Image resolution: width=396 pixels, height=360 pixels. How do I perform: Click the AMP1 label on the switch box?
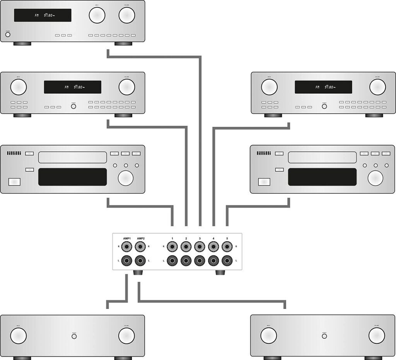click(127, 238)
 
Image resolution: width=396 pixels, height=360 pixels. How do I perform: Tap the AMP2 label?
click(140, 238)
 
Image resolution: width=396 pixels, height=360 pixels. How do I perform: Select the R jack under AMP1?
click(127, 246)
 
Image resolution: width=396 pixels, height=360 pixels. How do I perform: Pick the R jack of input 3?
click(200, 246)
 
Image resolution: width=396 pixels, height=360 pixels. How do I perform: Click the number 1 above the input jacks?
click(172, 238)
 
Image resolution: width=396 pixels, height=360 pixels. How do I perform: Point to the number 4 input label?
click(213, 238)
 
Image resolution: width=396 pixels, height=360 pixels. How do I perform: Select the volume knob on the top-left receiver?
click(127, 15)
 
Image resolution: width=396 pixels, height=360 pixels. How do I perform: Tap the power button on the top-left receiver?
click(8, 35)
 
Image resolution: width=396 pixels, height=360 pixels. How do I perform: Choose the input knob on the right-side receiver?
click(269, 87)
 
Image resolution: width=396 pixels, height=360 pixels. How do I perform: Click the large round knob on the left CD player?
click(126, 178)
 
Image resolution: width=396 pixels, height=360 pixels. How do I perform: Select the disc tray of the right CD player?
click(322, 157)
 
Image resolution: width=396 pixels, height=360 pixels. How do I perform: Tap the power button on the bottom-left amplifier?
click(74, 336)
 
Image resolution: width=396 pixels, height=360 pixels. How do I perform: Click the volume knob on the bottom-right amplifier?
click(377, 336)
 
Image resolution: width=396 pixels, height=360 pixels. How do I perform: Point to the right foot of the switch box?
click(220, 273)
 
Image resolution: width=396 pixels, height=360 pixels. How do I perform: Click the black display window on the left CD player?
click(72, 177)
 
